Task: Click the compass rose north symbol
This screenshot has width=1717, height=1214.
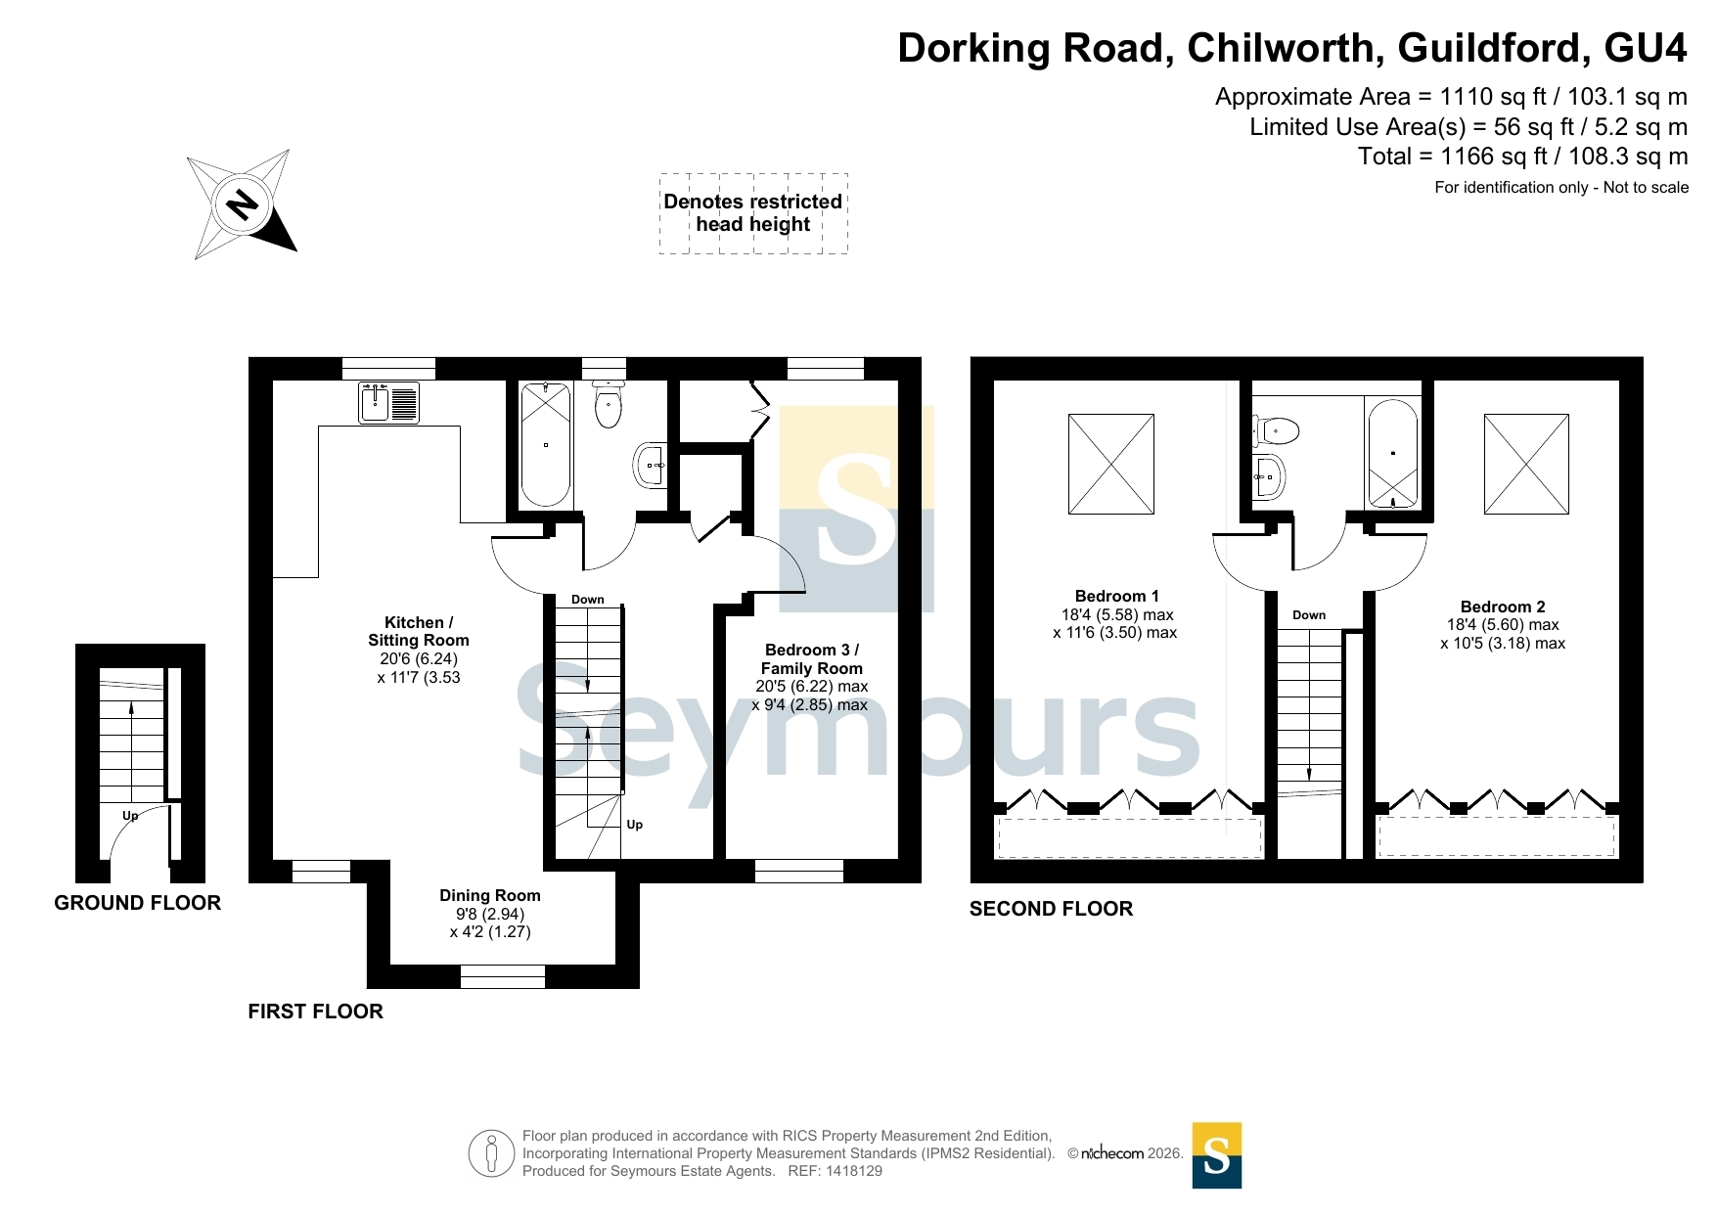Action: click(x=242, y=204)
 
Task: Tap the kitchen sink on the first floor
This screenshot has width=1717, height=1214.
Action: click(x=389, y=402)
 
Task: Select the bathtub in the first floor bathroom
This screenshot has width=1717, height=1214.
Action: click(x=546, y=444)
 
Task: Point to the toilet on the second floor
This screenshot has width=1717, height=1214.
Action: click(x=1276, y=430)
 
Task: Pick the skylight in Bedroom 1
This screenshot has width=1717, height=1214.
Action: click(x=1111, y=464)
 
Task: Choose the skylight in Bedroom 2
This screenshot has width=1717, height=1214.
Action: click(x=1526, y=464)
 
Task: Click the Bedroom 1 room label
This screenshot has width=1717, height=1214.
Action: click(x=1116, y=596)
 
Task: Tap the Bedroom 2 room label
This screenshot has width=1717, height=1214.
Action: click(x=1503, y=607)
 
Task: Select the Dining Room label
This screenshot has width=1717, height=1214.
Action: click(x=490, y=895)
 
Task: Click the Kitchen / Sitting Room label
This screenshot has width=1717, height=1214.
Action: click(x=419, y=631)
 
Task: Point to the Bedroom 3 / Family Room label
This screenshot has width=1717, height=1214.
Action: click(x=812, y=659)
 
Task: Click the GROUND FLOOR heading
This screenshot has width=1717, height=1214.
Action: click(x=138, y=903)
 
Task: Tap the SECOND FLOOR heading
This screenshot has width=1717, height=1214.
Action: click(x=1052, y=909)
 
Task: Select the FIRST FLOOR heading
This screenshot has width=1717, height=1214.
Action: click(x=315, y=1012)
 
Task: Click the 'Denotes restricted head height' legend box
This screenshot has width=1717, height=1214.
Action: click(x=753, y=213)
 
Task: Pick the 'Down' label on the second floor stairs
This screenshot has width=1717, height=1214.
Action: click(x=1309, y=615)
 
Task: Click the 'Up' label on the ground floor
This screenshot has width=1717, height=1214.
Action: click(x=130, y=815)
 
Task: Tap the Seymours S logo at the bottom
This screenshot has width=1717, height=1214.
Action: click(x=1217, y=1155)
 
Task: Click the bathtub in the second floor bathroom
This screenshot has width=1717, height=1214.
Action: click(x=1392, y=453)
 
